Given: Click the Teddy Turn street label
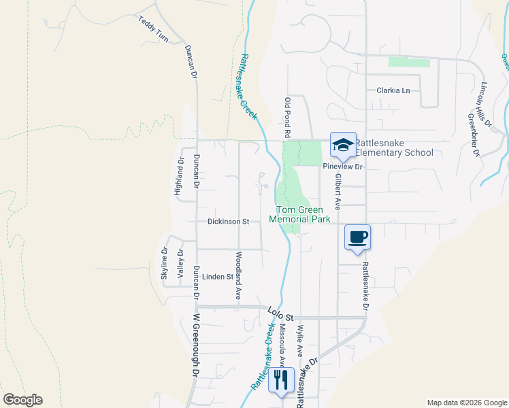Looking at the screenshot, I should coord(153,30).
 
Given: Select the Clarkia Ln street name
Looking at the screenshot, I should coord(393,90).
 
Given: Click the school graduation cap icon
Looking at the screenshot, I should coord(343,144).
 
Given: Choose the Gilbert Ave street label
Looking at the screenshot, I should coord(337,191).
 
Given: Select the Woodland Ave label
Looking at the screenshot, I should coord(238,276).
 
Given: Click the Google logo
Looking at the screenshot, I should coord(22,400).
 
